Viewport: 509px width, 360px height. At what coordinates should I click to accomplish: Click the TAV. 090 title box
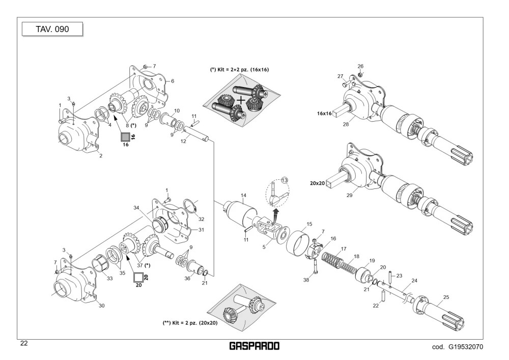tap(52, 29)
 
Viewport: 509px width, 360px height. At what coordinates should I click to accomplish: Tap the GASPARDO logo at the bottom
tap(254, 346)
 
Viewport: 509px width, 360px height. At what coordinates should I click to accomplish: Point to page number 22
tap(24, 343)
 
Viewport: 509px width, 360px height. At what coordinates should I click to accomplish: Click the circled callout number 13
tap(285, 180)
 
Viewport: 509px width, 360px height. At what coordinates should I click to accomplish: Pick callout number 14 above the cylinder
tap(243, 196)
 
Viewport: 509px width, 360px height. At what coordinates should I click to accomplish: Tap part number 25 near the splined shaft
tap(446, 297)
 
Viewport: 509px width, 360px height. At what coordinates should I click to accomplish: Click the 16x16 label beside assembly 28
tap(324, 113)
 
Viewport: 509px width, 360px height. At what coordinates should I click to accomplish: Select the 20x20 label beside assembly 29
tap(317, 183)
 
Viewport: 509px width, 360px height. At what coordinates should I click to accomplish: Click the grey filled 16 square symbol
tap(125, 137)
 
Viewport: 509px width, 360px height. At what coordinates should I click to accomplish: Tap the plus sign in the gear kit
tap(241, 100)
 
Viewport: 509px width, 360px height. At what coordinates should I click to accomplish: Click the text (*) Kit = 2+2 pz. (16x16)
tap(240, 69)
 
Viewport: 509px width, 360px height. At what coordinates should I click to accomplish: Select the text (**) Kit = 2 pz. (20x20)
tap(190, 323)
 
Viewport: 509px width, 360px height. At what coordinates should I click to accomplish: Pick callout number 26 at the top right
tap(360, 66)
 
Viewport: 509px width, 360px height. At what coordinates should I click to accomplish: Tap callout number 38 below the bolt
tap(306, 280)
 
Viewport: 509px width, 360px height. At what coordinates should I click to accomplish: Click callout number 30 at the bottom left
tap(102, 306)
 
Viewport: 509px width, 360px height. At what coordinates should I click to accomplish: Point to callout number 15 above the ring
tap(309, 224)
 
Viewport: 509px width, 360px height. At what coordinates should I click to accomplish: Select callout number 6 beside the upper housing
tap(173, 81)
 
